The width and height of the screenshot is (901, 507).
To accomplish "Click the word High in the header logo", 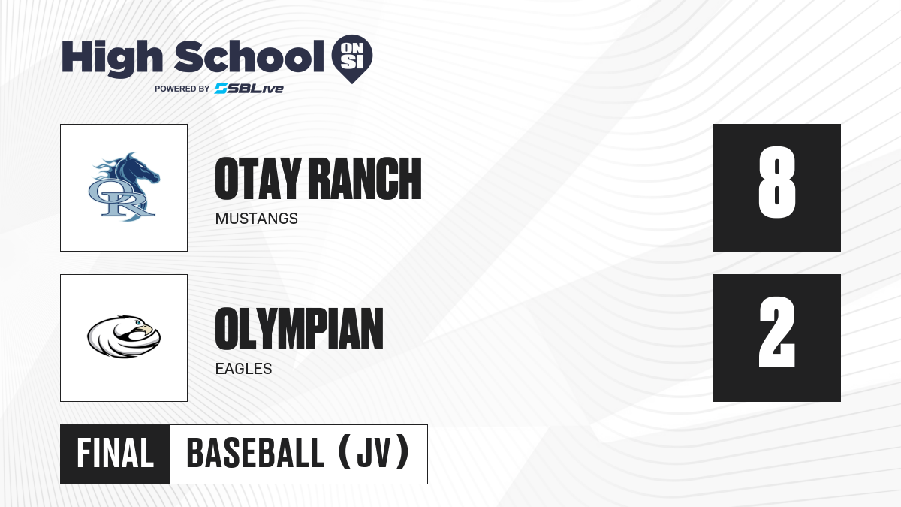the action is [x=112, y=59].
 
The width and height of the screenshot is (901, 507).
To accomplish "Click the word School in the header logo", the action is [x=249, y=56].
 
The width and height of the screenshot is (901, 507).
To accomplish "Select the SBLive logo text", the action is [x=249, y=88].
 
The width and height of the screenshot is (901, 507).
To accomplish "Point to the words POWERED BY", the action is [x=182, y=89].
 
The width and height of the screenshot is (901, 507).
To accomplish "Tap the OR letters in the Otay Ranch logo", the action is [x=121, y=199].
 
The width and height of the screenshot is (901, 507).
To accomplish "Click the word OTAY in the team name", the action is [x=258, y=179].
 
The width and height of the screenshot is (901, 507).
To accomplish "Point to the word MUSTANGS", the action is [x=257, y=219].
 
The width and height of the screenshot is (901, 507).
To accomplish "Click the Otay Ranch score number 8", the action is [x=776, y=183].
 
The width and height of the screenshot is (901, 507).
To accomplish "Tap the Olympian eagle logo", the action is [x=124, y=336].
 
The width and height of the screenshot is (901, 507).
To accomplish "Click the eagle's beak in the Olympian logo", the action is [x=147, y=330].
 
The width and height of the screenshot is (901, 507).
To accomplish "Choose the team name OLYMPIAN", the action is [x=300, y=329].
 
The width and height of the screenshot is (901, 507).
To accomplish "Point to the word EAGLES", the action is [x=244, y=369].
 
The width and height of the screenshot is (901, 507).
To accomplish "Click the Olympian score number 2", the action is [x=776, y=332].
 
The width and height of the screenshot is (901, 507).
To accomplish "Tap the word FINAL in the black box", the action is [x=116, y=454].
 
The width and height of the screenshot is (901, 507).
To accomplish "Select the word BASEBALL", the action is [x=255, y=454].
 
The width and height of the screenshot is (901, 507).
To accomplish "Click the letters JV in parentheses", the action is [x=374, y=454].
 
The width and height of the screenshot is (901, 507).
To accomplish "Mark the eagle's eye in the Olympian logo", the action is [x=137, y=322].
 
